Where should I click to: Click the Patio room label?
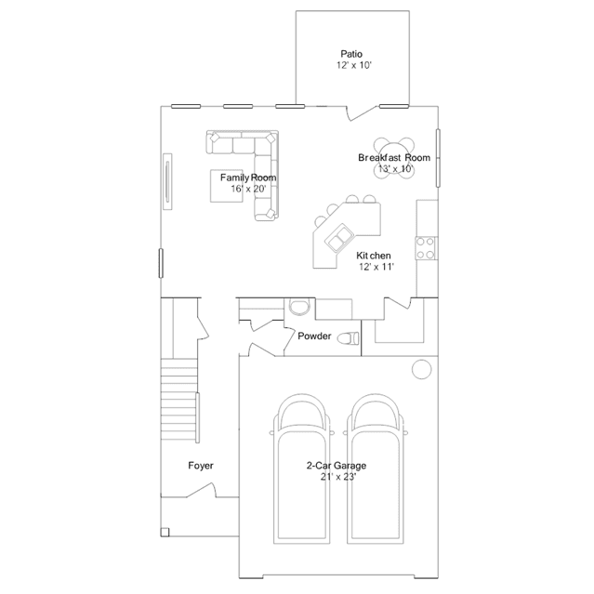(351, 54)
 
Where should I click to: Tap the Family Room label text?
(248, 178)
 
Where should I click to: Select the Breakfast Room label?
(394, 158)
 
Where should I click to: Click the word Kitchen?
(374, 256)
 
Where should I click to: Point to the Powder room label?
(314, 336)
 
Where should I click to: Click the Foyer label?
(201, 466)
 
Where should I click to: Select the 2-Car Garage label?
(337, 466)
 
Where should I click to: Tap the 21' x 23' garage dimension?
(338, 477)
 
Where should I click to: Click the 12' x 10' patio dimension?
(354, 65)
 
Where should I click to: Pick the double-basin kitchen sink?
(339, 238)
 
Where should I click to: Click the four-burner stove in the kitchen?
(426, 248)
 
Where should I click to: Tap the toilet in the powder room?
(348, 338)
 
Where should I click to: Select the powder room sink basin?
(299, 307)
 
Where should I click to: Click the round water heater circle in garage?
(421, 369)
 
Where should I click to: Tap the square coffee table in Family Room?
(227, 186)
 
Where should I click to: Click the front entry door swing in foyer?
(201, 490)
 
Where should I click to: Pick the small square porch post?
(165, 533)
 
